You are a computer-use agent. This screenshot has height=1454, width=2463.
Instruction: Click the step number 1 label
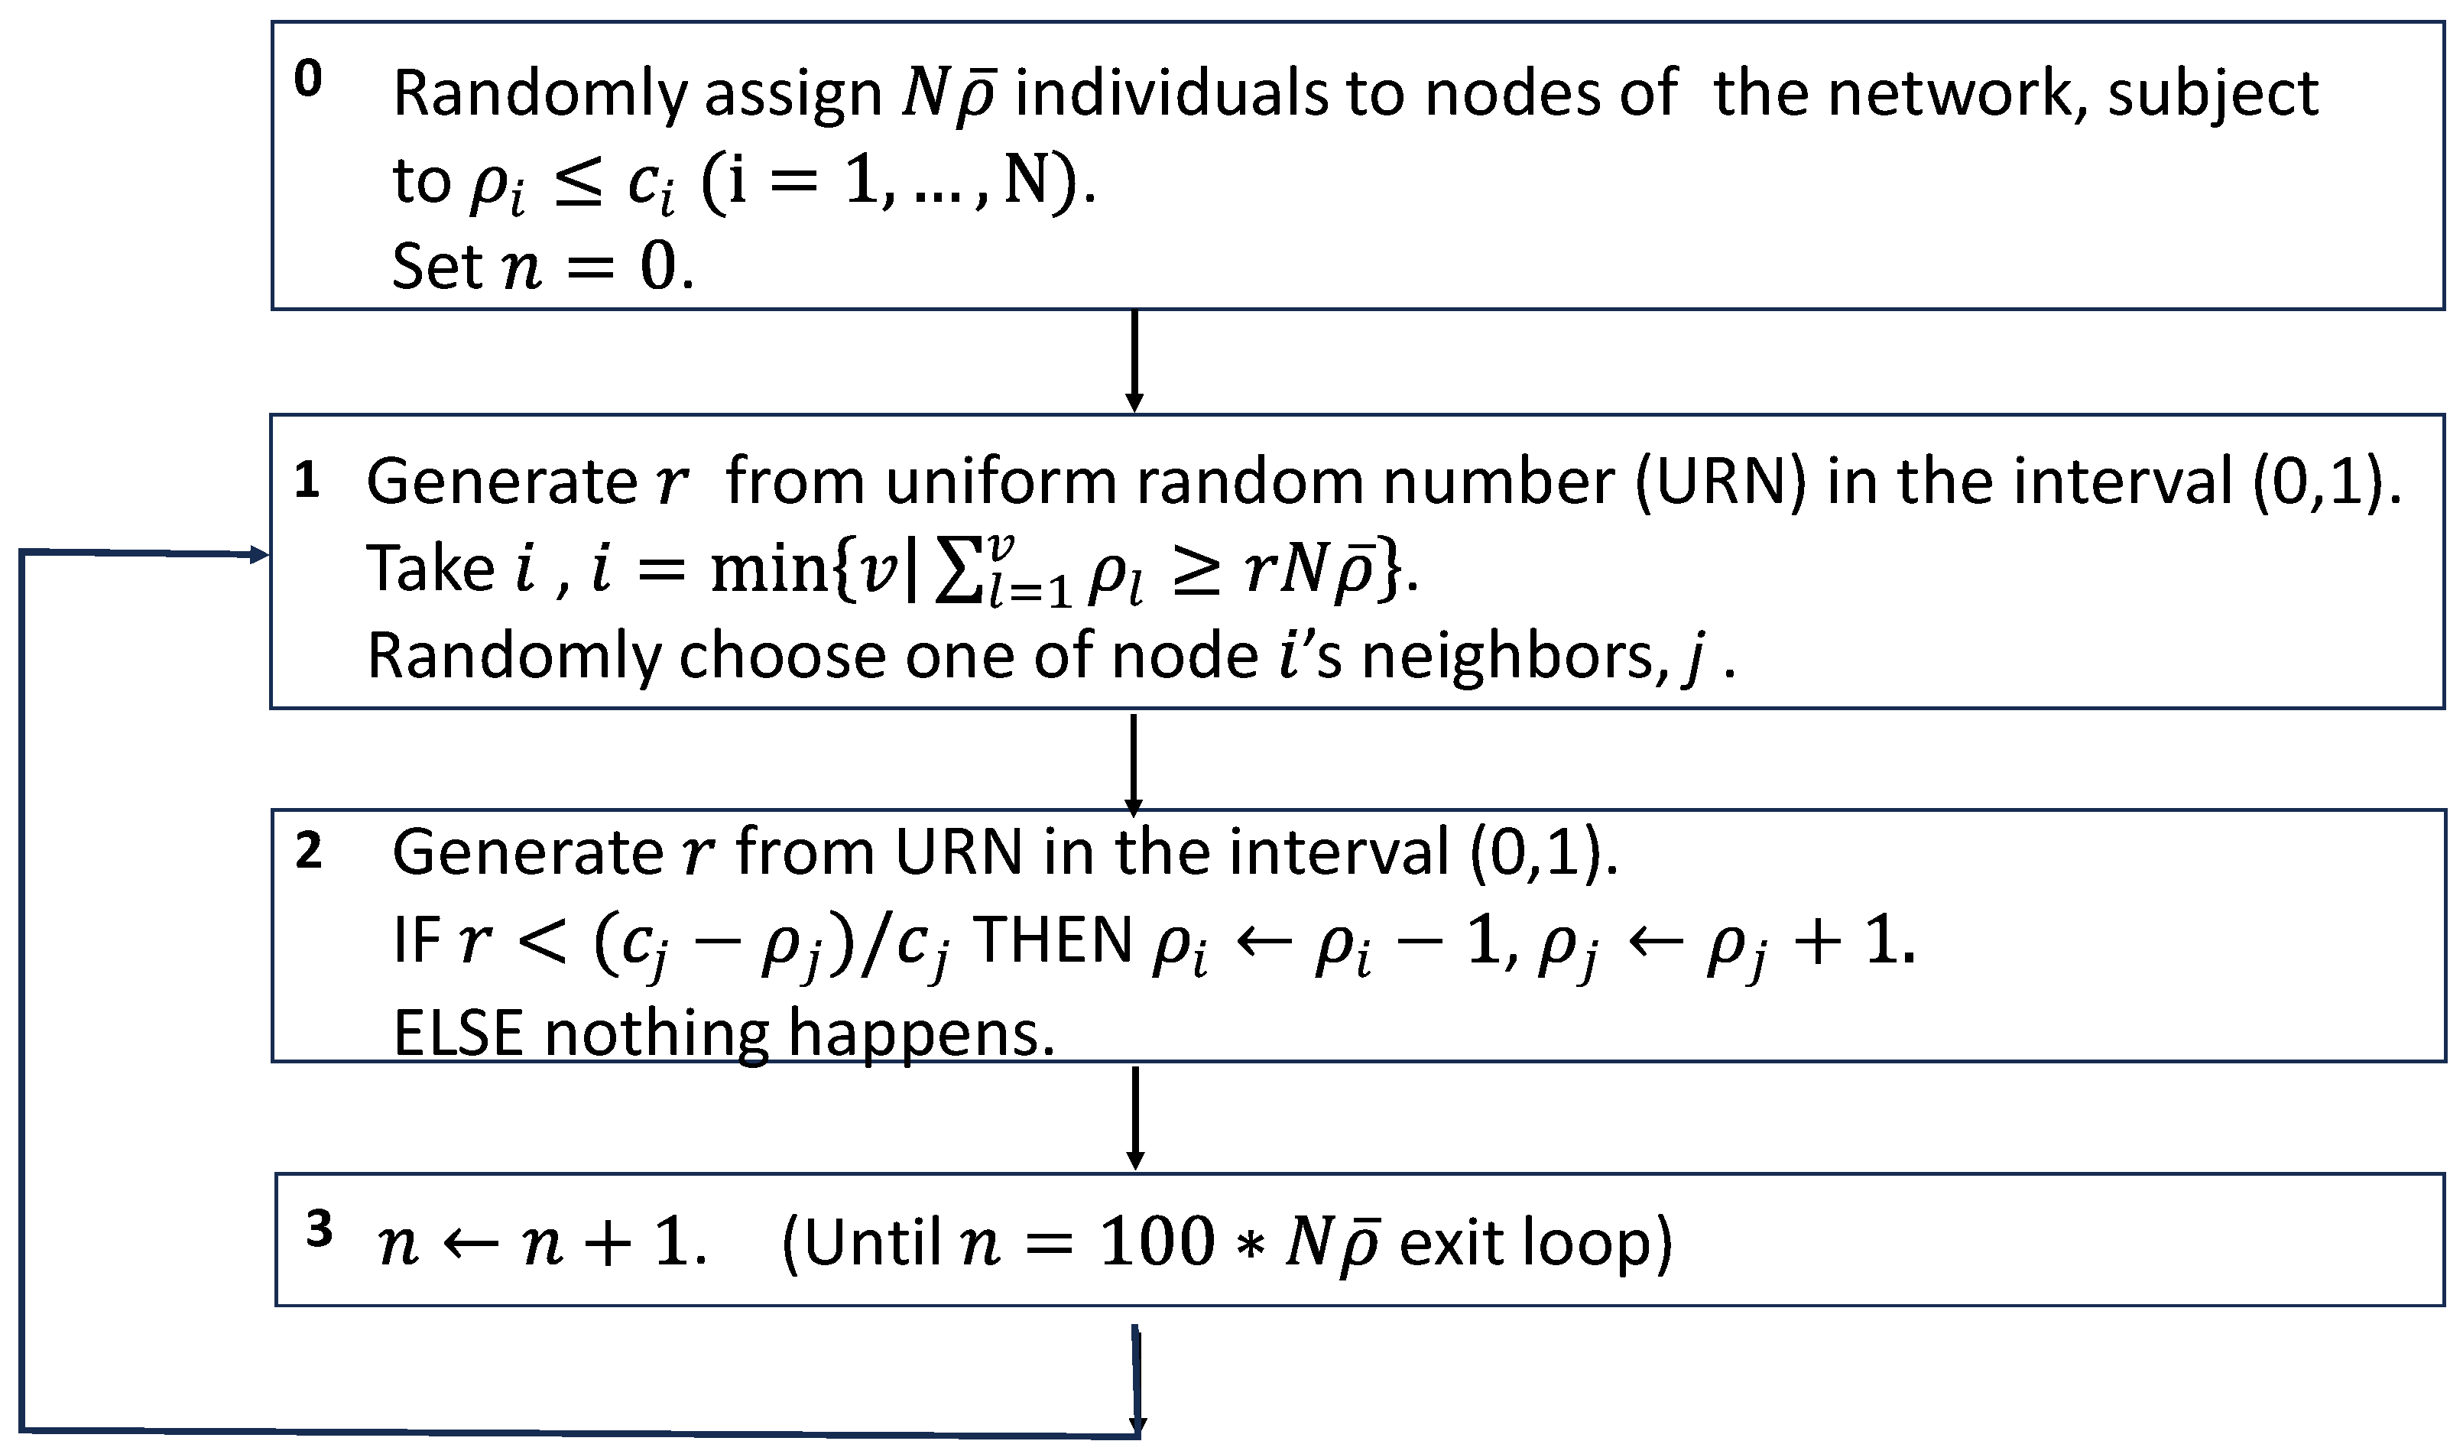[307, 480]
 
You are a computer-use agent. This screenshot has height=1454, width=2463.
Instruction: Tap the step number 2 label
[309, 850]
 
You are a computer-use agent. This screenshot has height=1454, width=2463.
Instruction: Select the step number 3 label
[319, 1228]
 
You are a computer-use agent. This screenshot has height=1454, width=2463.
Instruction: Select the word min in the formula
[770, 570]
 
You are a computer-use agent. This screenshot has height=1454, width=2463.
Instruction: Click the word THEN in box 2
[1053, 940]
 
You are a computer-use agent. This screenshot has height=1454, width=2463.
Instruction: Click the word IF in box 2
[417, 940]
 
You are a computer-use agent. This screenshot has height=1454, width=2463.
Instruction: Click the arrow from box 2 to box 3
[1134, 1117]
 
